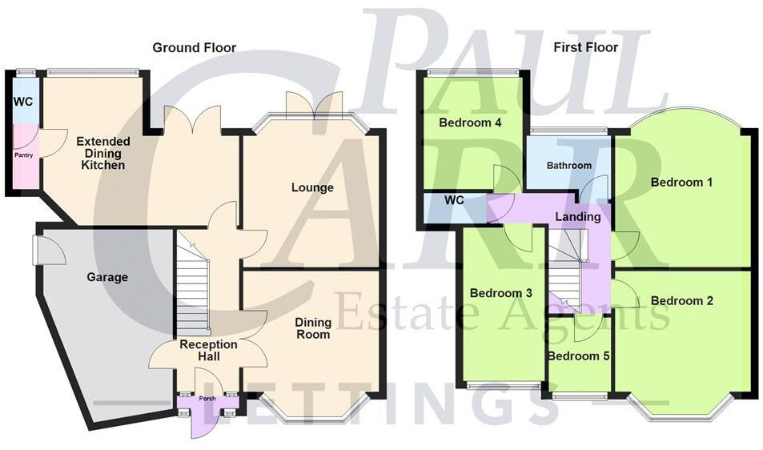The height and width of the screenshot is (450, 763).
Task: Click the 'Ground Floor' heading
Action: [x=195, y=48]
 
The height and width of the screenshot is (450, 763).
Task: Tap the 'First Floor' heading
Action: [x=585, y=48]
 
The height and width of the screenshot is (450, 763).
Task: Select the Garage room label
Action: [x=107, y=278]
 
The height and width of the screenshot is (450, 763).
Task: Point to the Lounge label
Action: [x=312, y=188]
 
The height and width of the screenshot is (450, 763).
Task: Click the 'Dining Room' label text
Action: [x=312, y=328]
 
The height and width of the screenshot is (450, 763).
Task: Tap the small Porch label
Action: [x=207, y=397]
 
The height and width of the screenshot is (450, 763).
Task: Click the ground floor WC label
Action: [x=22, y=102]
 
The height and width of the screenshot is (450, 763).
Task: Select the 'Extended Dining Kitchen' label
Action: [x=102, y=153]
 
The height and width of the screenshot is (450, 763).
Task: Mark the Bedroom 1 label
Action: [x=681, y=183]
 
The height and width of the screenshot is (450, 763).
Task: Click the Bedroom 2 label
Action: [x=681, y=301]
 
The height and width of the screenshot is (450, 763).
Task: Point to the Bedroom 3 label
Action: [x=501, y=293]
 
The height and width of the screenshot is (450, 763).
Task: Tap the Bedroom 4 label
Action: [x=470, y=123]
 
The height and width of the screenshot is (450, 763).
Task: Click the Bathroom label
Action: [x=568, y=166]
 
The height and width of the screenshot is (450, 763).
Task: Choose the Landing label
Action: [x=577, y=217]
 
